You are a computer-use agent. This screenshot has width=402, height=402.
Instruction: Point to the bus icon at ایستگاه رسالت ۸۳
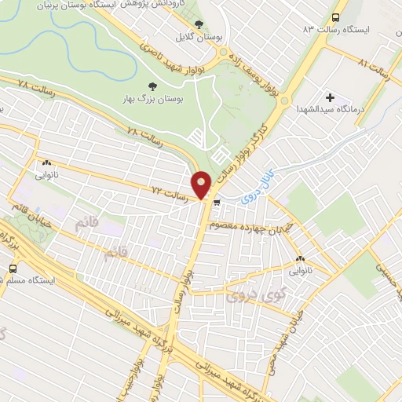tap(337, 16)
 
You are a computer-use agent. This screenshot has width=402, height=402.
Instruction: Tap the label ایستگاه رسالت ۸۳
tap(343, 30)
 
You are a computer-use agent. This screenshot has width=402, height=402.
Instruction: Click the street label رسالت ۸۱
tap(374, 65)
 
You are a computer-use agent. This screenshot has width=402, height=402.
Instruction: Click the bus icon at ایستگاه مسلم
tap(12, 269)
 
